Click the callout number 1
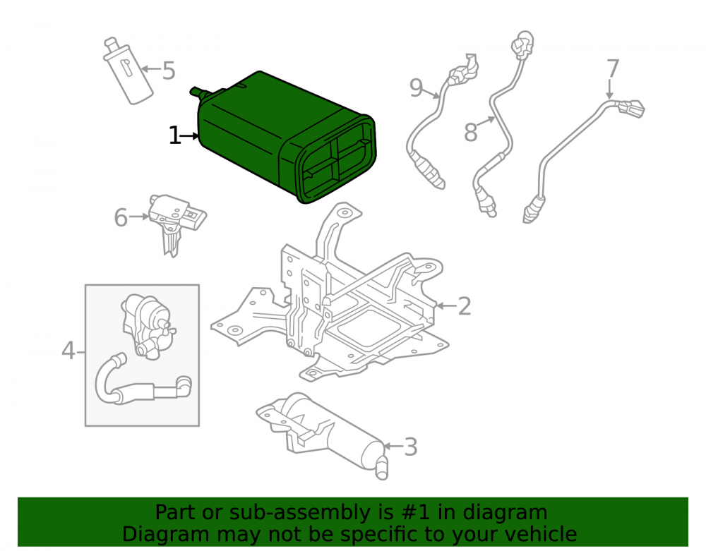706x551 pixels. tap(174, 135)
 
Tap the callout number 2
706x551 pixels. tap(465, 306)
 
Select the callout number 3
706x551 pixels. tap(411, 447)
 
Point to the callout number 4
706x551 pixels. tap(68, 351)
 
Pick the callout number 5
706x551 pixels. tap(169, 71)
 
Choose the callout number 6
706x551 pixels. tap(121, 218)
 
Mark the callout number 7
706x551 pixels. tap(613, 69)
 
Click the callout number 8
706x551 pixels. tap(470, 133)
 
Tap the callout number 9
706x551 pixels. tap(416, 87)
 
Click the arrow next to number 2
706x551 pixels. tap(446, 306)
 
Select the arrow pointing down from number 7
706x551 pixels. tap(610, 89)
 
